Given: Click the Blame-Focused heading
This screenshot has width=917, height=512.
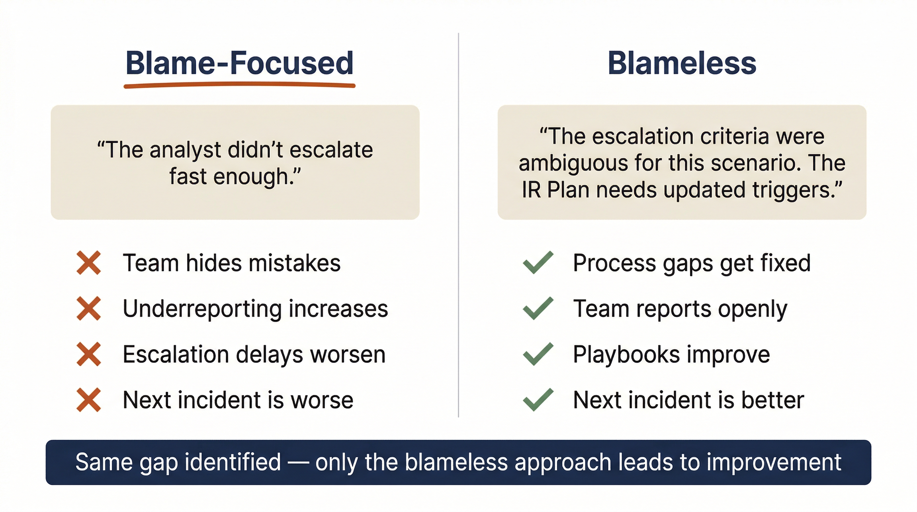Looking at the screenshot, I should tap(239, 63).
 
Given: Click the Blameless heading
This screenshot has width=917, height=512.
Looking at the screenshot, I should tap(682, 63).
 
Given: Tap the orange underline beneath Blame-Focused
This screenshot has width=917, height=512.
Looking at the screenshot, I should tap(239, 85).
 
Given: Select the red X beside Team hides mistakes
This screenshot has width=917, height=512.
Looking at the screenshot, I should tap(89, 263).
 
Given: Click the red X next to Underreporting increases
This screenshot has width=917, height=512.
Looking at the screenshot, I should tap(89, 308).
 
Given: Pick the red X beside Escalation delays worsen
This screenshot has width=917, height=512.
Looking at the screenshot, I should tap(89, 354).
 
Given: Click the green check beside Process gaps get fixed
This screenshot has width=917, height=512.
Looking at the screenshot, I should tap(538, 263).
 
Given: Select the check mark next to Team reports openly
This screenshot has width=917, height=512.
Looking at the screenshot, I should tap(538, 308).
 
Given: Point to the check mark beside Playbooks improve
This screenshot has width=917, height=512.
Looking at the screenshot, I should tap(538, 354).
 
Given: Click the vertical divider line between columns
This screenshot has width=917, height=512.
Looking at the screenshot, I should tap(458, 228).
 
